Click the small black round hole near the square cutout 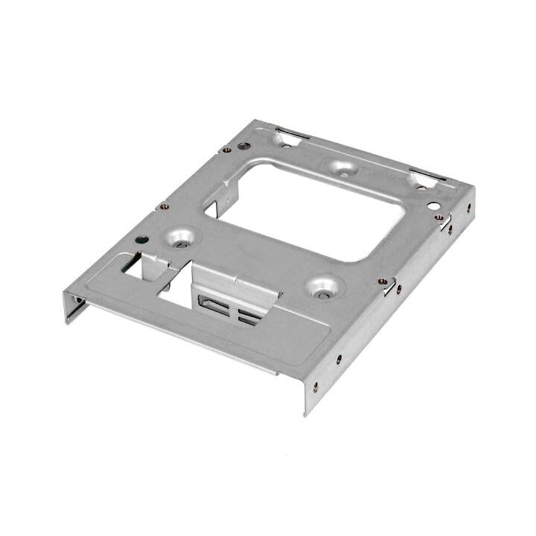pyautogui.click(x=141, y=240)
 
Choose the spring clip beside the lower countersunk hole pyautogui.click(x=388, y=285)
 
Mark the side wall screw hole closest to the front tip pyautogui.click(x=315, y=386)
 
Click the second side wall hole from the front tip pyautogui.click(x=339, y=358)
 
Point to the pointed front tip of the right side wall pyautogui.click(x=305, y=409)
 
